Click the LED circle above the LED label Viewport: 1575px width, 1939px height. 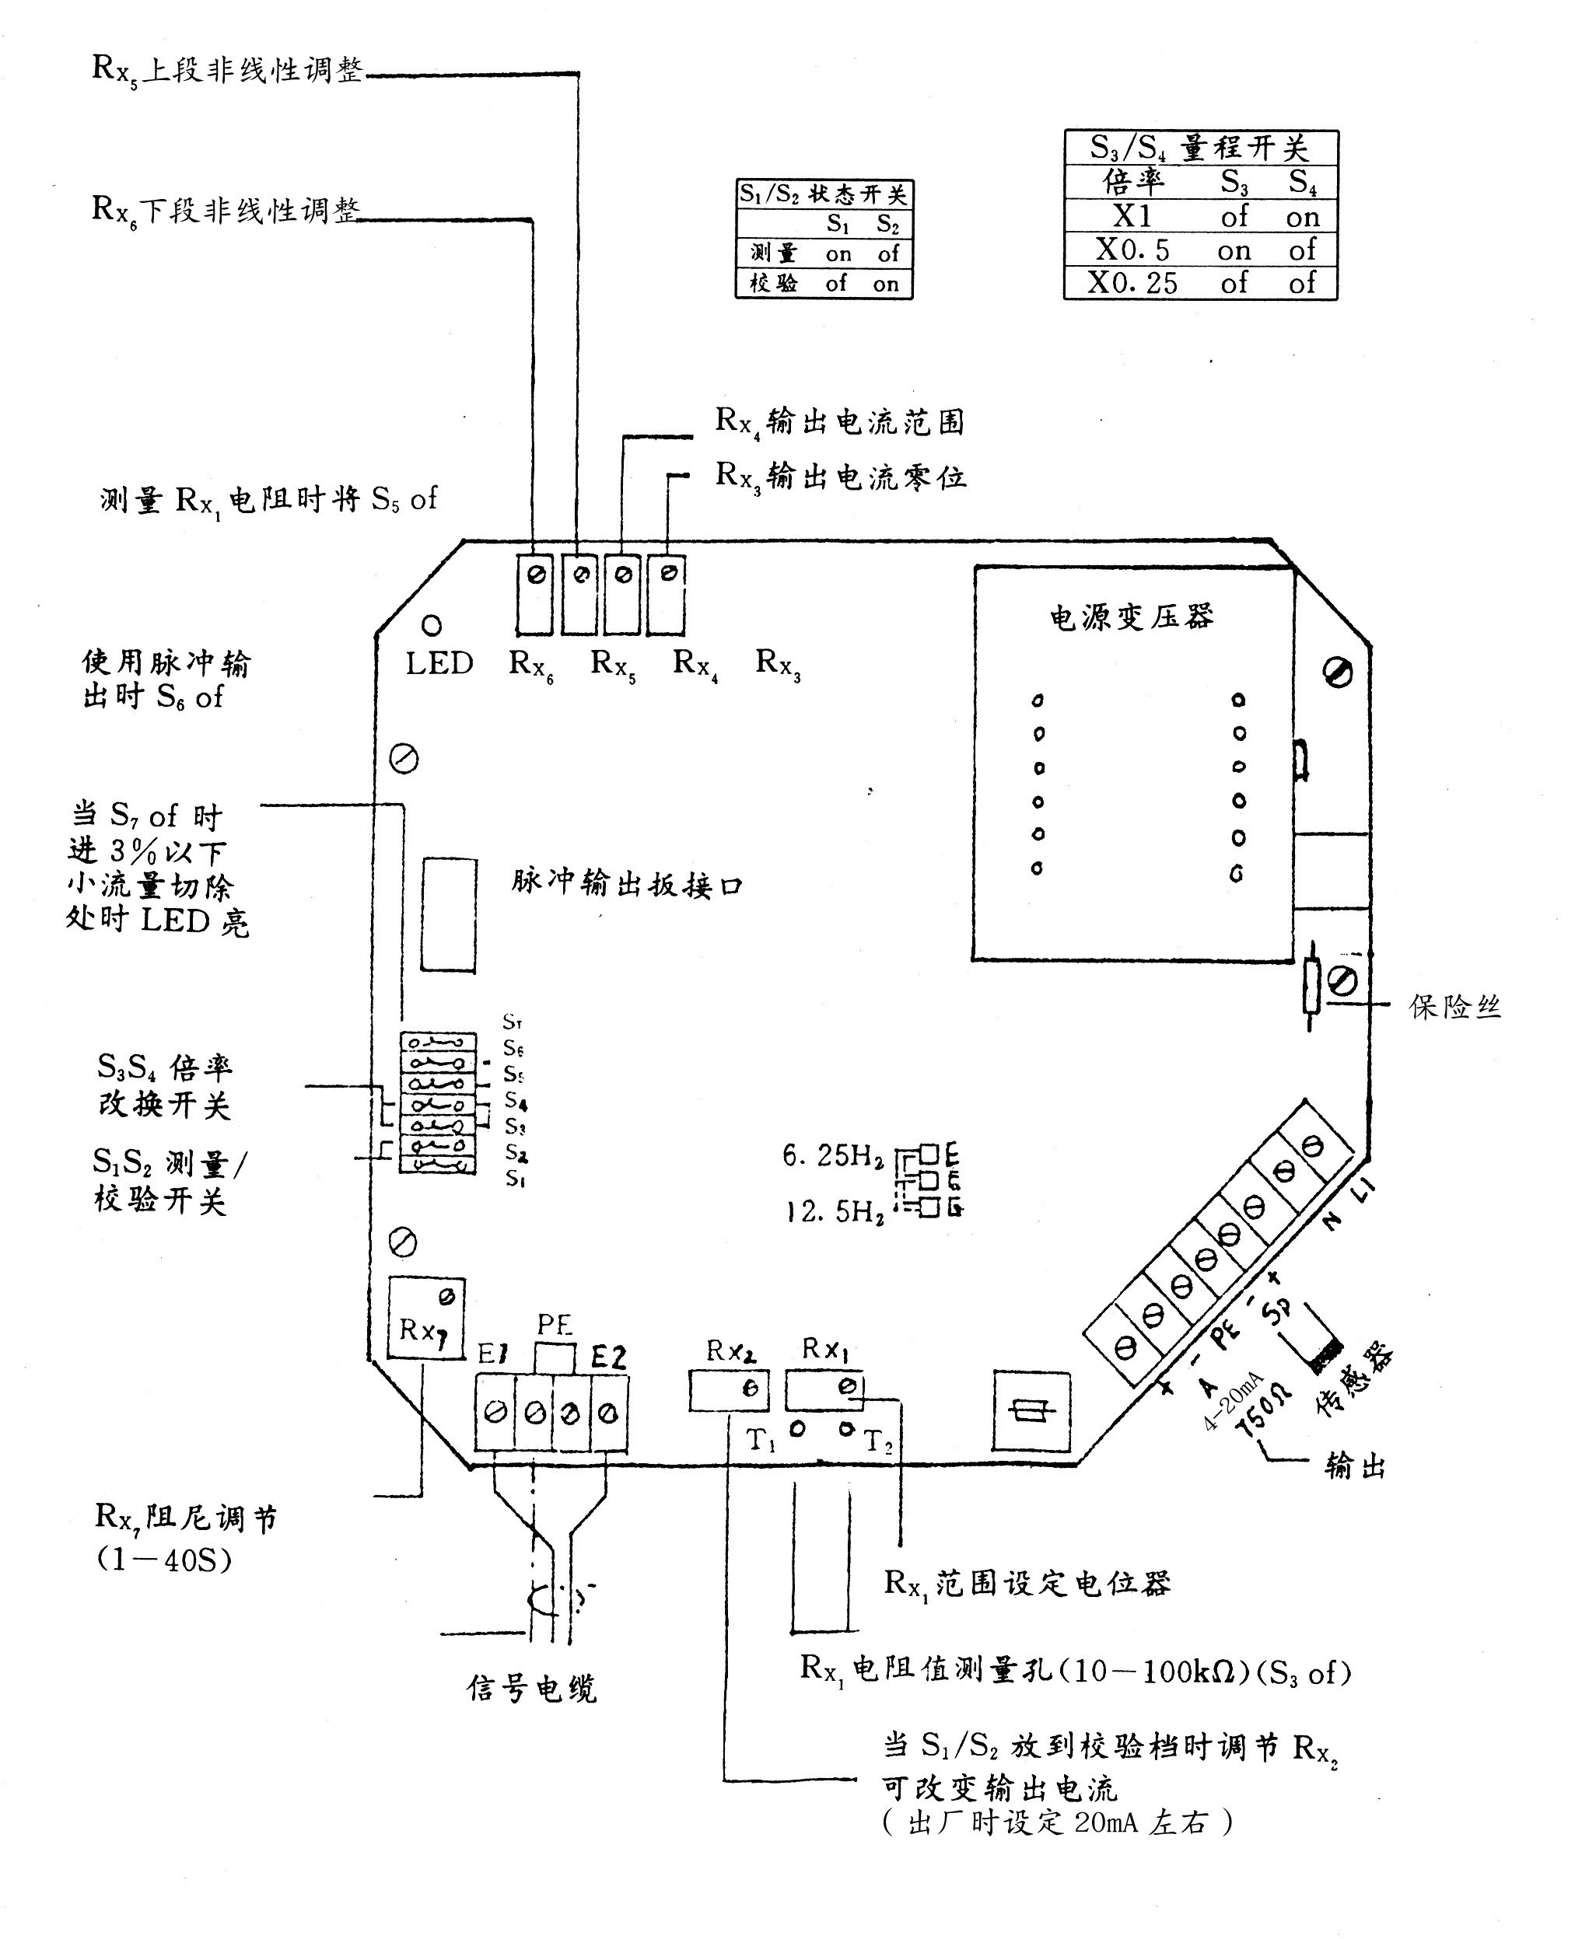click(432, 625)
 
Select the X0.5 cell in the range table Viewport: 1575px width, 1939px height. click(1132, 250)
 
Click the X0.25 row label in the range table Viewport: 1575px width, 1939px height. click(1132, 283)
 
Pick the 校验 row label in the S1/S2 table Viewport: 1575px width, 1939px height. click(773, 283)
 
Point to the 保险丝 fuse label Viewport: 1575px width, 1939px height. click(1454, 1007)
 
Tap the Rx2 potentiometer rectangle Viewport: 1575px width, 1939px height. click(729, 1389)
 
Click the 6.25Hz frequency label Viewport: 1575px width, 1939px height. click(833, 1155)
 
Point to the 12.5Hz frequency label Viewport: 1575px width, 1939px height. click(835, 1211)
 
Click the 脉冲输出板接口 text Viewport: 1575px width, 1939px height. click(626, 883)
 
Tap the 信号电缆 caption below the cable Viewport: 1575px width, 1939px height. click(532, 1689)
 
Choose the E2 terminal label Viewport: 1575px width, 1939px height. click(608, 1357)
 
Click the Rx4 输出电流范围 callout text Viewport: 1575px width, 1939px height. click(839, 421)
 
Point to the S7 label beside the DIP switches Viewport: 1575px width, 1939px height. click(512, 1022)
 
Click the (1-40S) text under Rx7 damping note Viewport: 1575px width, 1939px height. click(164, 1560)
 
